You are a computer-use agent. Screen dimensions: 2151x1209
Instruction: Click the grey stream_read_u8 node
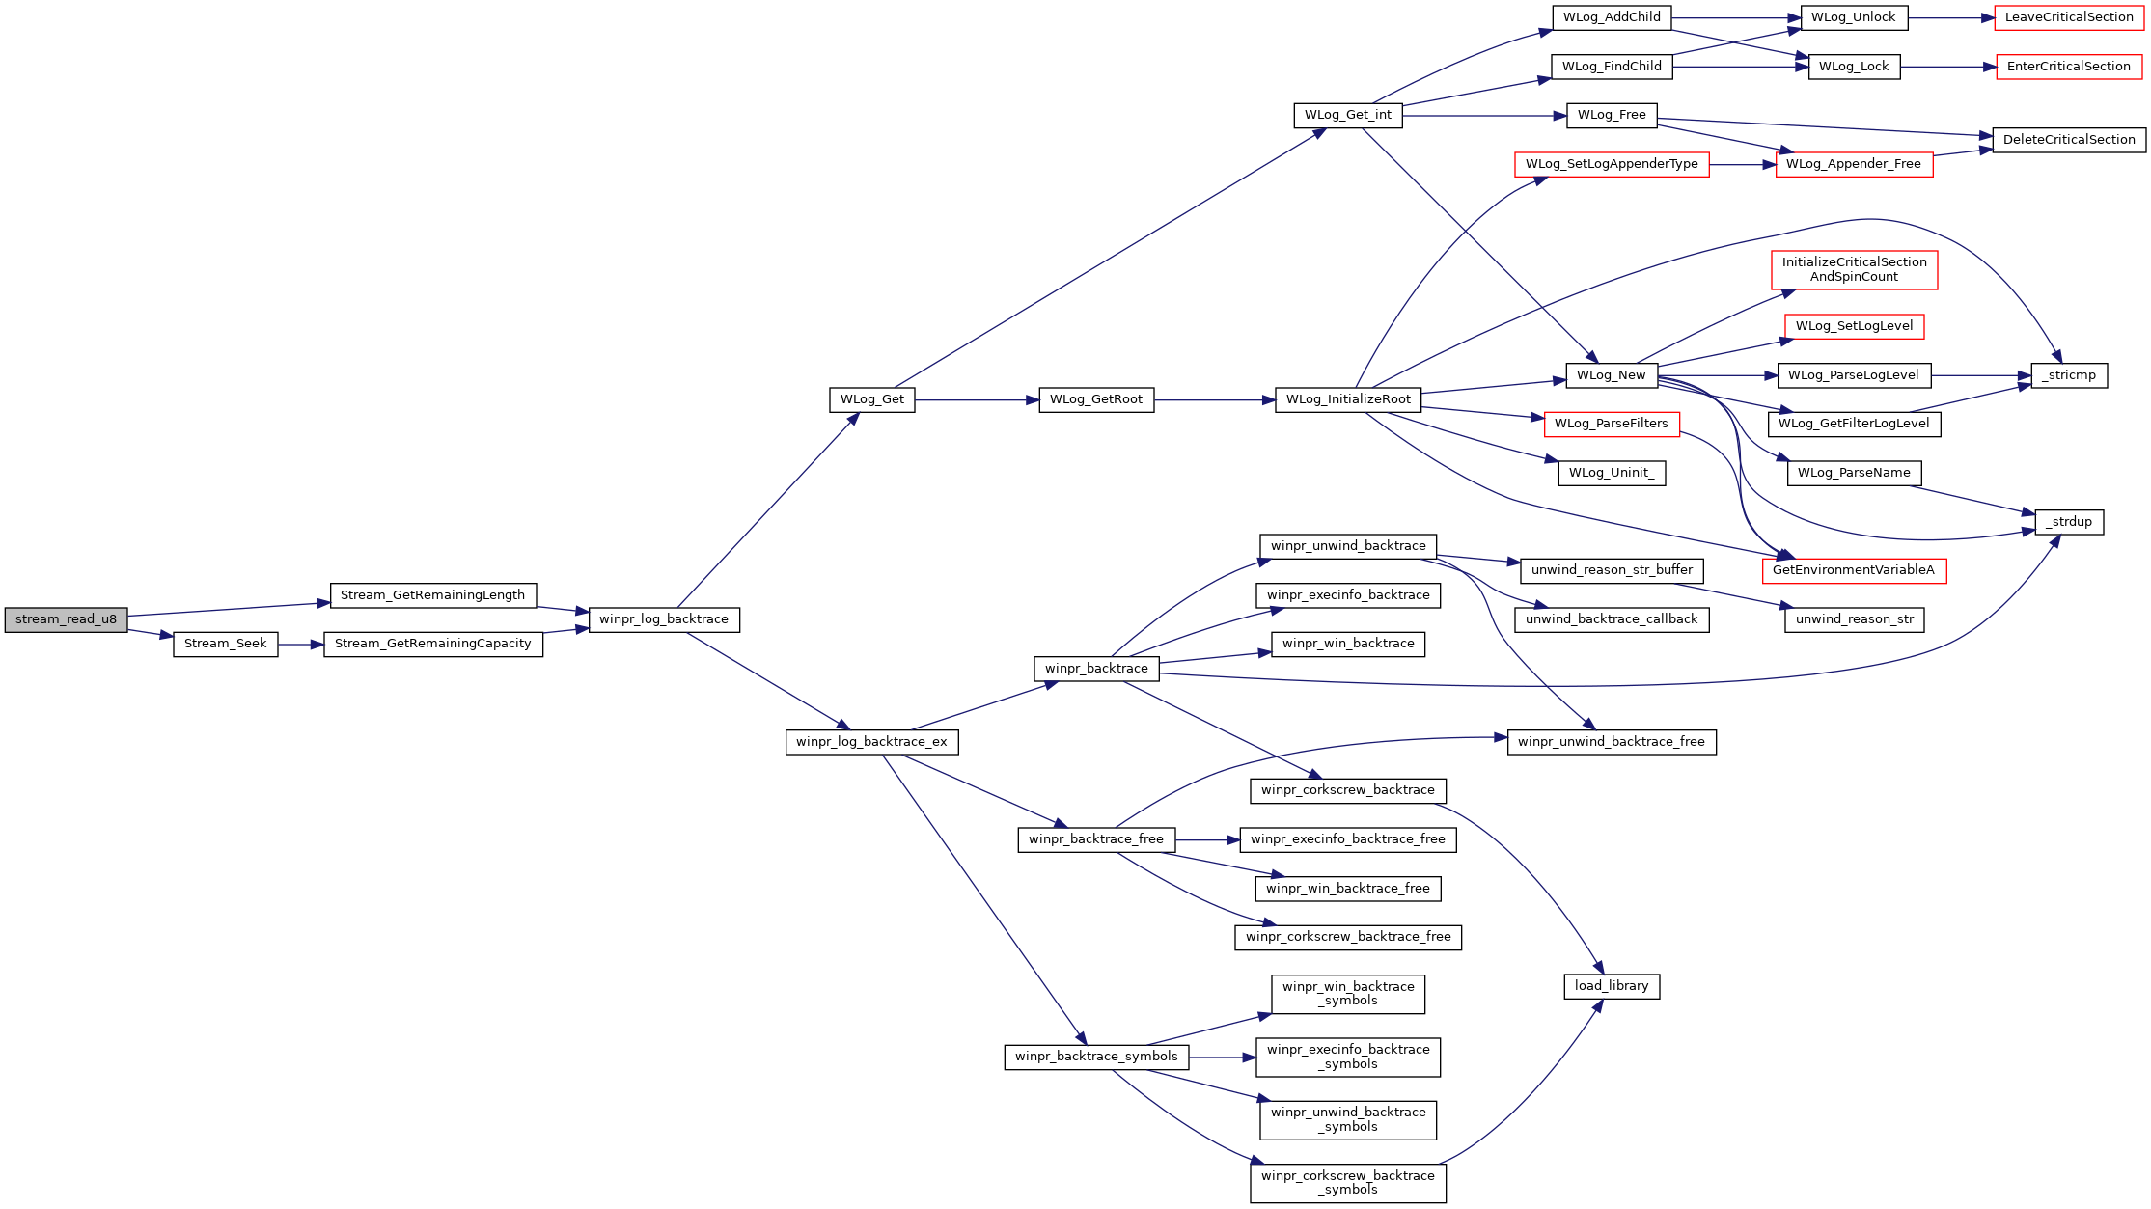(x=66, y=619)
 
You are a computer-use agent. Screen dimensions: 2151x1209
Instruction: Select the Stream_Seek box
(x=226, y=645)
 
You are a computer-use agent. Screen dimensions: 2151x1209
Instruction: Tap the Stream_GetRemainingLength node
(x=432, y=595)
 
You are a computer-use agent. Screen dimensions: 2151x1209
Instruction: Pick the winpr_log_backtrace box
(x=664, y=619)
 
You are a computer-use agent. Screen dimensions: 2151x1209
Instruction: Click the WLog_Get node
(x=872, y=399)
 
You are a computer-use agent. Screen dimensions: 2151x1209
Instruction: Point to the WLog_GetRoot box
(x=1096, y=399)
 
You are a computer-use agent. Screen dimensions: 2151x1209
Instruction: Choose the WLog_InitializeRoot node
(x=1348, y=399)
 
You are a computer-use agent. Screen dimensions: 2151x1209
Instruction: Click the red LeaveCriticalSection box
(x=2069, y=17)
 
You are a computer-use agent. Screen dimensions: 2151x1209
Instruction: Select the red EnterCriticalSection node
(x=2069, y=67)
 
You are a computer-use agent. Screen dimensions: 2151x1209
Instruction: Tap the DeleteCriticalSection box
(x=2069, y=140)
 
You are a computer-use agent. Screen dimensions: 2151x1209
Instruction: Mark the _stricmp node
(x=2069, y=375)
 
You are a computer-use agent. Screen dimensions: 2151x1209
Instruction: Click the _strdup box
(x=2069, y=522)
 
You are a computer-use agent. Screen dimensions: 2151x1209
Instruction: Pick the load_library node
(x=1612, y=986)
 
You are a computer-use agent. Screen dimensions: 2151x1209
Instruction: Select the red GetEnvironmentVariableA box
(x=1854, y=570)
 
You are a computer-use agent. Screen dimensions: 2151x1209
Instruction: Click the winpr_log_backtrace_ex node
(x=872, y=742)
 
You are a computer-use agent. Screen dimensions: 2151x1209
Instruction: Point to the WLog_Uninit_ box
(x=1612, y=473)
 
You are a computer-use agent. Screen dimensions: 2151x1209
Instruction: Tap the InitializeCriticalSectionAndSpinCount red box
(x=1854, y=269)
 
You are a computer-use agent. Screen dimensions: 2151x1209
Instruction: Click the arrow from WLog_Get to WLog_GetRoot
(x=977, y=399)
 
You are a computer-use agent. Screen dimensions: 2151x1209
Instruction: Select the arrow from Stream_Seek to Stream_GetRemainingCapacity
(x=301, y=645)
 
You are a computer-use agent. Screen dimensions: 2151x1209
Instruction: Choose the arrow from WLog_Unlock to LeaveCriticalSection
(x=1951, y=17)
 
